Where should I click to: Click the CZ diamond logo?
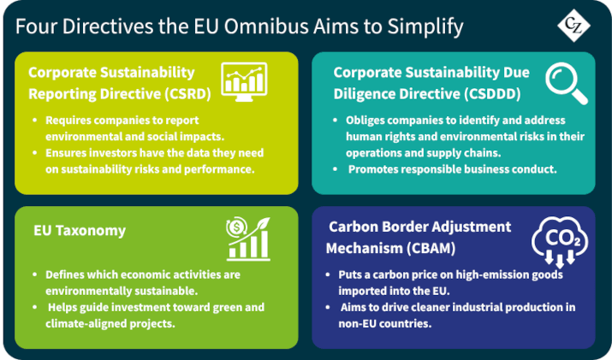(573, 26)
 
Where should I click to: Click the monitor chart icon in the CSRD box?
(244, 82)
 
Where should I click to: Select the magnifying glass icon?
(567, 84)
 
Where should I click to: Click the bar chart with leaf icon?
(248, 239)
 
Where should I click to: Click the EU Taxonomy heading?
(80, 231)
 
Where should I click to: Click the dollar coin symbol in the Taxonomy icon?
(235, 227)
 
